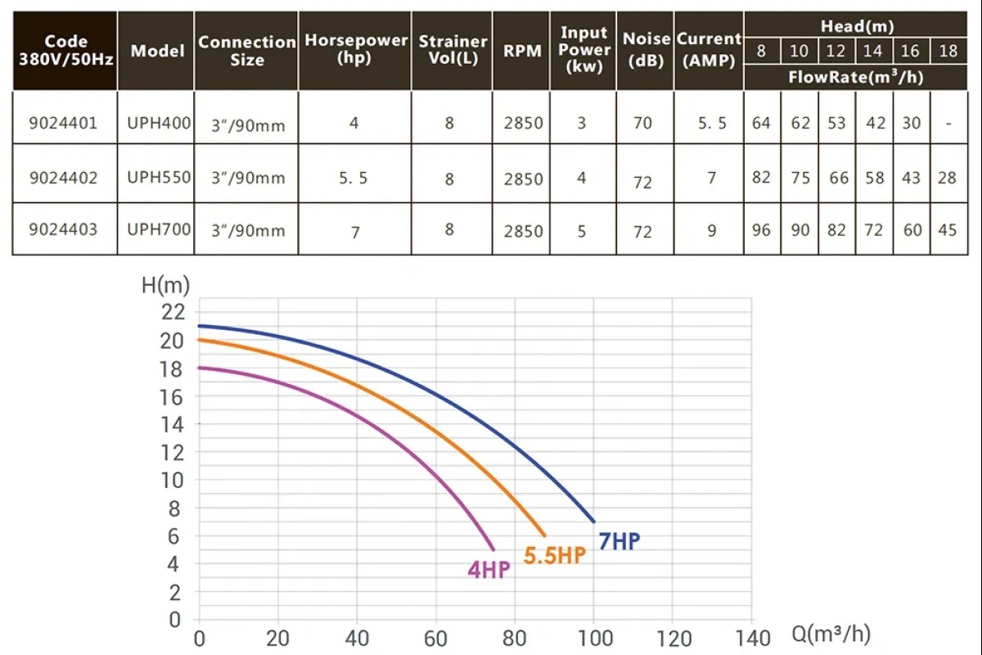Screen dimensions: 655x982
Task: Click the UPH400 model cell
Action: (159, 123)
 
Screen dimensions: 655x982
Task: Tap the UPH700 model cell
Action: (159, 229)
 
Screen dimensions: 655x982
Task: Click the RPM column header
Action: (522, 51)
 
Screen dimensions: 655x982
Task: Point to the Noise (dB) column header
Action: (646, 51)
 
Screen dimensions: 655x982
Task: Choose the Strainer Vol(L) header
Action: (453, 51)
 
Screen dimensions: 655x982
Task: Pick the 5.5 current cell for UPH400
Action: (711, 123)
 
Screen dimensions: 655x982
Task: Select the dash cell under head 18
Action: (947, 123)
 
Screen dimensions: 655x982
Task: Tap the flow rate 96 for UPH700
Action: (761, 230)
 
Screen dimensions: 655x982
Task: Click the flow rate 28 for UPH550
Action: (947, 178)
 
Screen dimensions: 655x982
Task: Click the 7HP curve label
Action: (619, 541)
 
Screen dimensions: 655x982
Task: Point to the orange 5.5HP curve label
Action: (555, 555)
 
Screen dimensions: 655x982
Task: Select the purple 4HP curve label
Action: (489, 570)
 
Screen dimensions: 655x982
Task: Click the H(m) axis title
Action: (165, 285)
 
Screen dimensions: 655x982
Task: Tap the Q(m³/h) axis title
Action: (831, 635)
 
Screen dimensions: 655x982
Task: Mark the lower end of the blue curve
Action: (593, 522)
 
